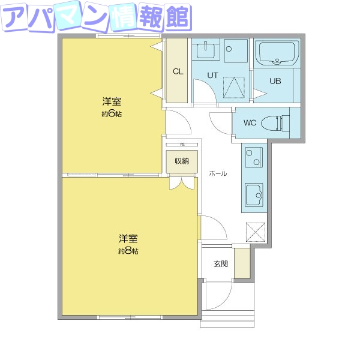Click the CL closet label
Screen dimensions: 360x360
(x=178, y=71)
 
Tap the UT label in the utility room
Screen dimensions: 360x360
(x=212, y=75)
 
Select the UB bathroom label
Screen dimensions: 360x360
(x=275, y=81)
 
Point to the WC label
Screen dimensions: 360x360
(x=250, y=123)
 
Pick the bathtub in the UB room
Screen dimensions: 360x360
(x=277, y=55)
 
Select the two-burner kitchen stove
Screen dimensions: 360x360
(x=253, y=158)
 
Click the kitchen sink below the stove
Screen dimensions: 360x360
(x=253, y=194)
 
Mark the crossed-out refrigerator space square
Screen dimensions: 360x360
(x=255, y=232)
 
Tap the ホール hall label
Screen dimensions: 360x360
(x=218, y=173)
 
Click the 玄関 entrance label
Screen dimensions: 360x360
(x=221, y=264)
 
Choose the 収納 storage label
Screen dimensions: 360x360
(x=182, y=161)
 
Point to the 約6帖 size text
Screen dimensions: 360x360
(x=112, y=114)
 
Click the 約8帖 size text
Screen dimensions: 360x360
(x=128, y=251)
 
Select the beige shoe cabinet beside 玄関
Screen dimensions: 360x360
(x=242, y=263)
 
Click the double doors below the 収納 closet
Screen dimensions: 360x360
(x=182, y=183)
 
